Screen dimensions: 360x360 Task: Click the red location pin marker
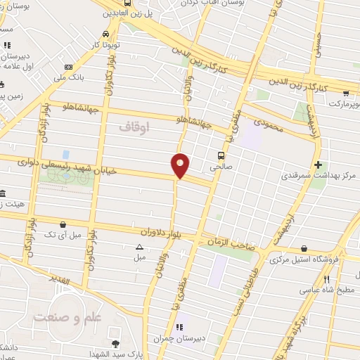click(181, 165)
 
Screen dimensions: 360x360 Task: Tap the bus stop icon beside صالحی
click(221, 155)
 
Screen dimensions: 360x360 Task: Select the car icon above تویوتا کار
click(105, 34)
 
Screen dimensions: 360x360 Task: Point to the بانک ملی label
click(70, 78)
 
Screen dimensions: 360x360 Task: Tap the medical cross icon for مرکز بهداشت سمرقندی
click(318, 163)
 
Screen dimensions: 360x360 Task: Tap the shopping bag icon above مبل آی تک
click(63, 224)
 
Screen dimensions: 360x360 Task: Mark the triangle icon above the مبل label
click(139, 247)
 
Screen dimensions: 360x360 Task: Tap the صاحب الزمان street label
click(225, 243)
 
